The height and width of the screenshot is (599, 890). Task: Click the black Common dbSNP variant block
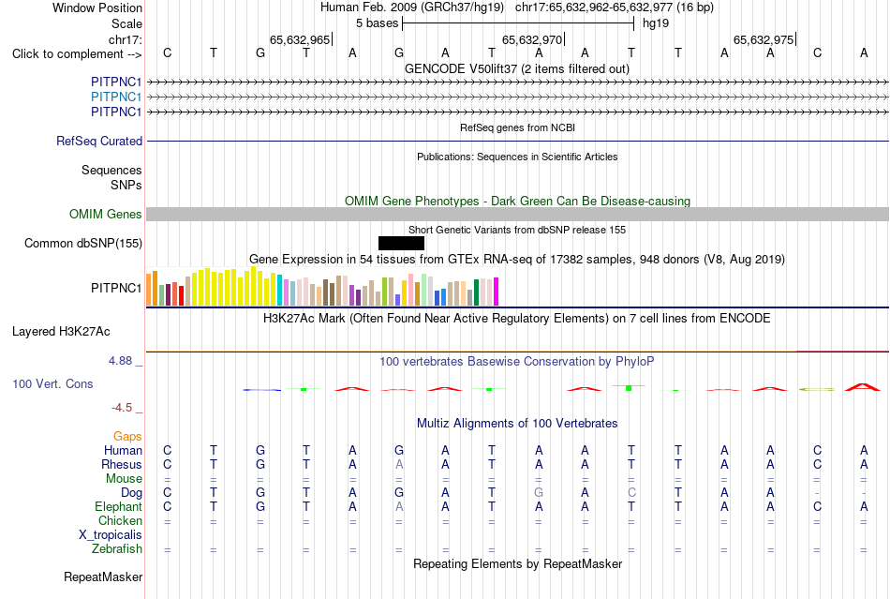point(401,243)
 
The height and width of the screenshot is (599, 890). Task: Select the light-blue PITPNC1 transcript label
point(116,97)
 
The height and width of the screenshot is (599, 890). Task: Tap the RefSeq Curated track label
point(99,141)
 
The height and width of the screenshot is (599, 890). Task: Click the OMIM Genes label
point(106,214)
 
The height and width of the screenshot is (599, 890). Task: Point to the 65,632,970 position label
point(532,39)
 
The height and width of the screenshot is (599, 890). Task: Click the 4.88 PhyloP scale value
point(120,361)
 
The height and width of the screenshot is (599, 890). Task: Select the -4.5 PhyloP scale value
point(122,408)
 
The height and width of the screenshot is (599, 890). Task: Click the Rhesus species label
point(122,464)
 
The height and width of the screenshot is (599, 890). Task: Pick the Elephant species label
point(118,506)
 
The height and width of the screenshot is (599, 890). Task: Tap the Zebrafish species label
point(117,549)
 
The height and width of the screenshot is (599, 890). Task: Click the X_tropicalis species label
point(111,535)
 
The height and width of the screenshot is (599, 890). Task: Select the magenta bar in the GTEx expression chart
point(497,292)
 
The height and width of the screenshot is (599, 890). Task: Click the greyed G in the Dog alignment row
point(539,493)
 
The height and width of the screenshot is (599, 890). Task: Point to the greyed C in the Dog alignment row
point(631,493)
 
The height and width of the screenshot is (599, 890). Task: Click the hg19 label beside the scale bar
point(656,23)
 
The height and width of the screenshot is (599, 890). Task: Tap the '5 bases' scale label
point(377,23)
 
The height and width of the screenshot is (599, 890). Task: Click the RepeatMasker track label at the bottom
point(103,577)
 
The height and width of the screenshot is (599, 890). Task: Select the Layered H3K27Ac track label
point(61,332)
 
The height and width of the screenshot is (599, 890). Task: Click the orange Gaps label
point(127,436)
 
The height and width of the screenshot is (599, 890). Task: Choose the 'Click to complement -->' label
point(77,54)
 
